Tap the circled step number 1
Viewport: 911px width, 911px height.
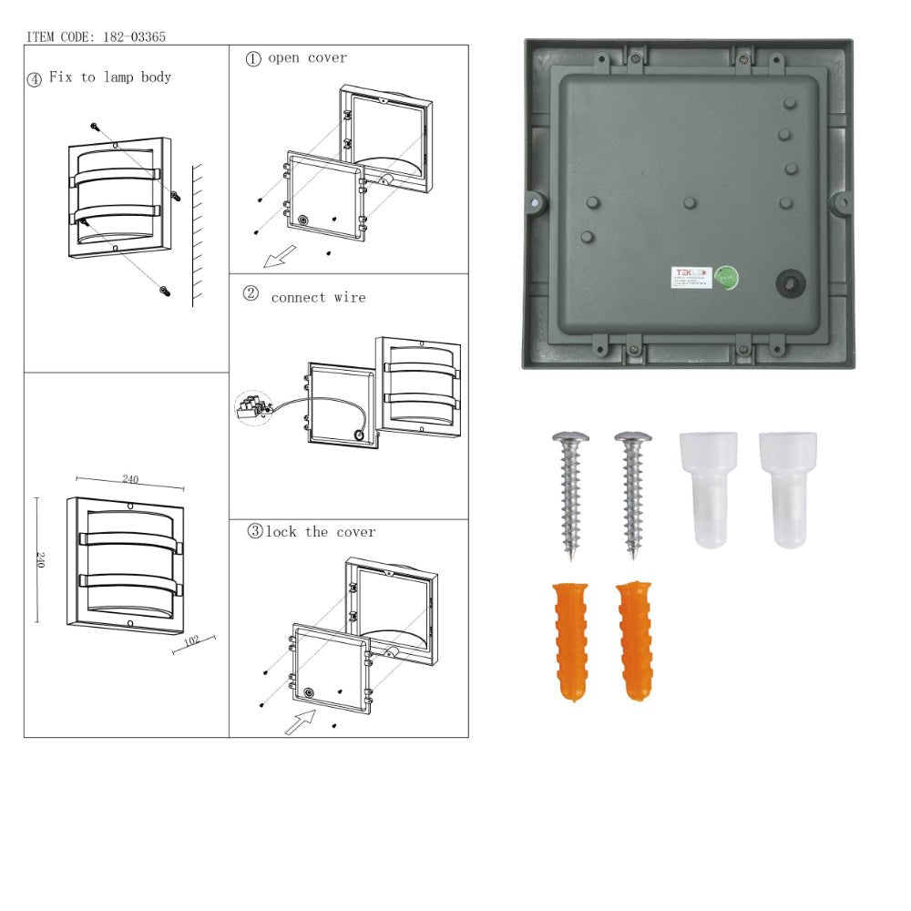254,58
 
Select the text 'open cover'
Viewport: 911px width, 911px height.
307,58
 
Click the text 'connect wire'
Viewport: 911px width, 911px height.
318,297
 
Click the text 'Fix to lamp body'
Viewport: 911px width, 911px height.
109,77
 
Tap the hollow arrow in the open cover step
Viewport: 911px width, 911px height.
273,259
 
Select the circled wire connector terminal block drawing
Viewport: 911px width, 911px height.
254,407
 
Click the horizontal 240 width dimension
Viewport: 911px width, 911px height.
130,479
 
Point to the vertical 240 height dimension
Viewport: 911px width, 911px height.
39,558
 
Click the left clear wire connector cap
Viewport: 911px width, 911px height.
709,490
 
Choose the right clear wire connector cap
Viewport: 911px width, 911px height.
788,490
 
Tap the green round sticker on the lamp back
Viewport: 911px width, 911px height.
725,277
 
